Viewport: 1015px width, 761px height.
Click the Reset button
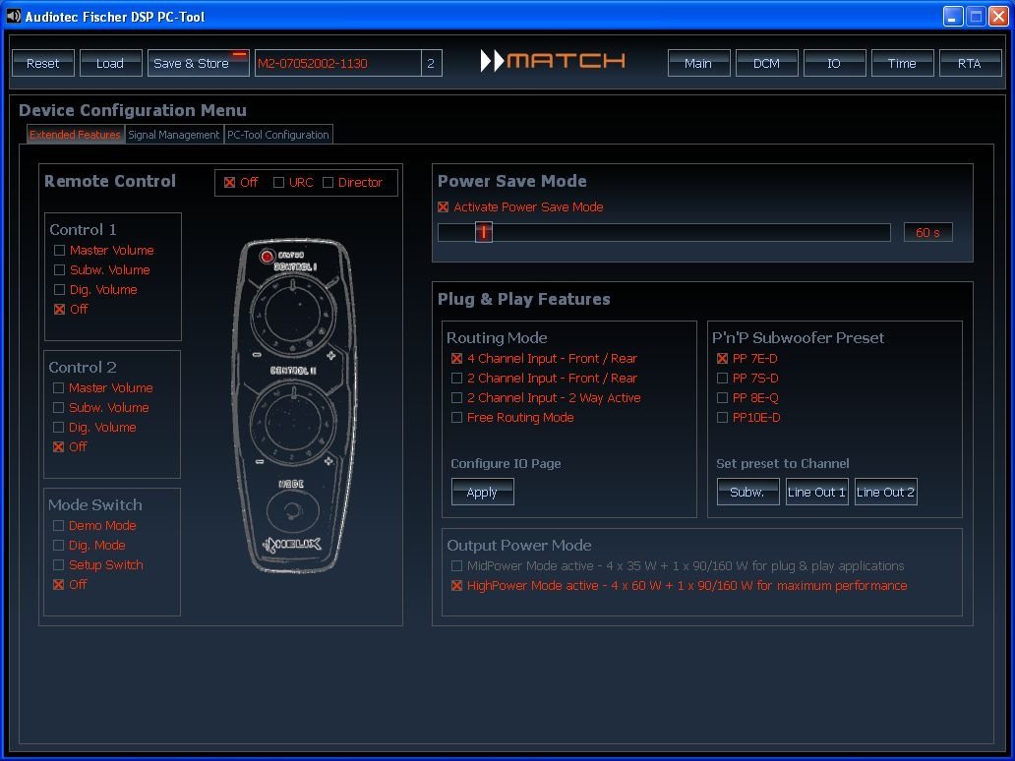point(42,63)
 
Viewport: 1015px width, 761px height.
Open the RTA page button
point(970,63)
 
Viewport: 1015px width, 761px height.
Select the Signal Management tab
point(173,135)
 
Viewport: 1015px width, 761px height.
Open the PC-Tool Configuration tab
point(278,135)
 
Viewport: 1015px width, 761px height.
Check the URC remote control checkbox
point(278,183)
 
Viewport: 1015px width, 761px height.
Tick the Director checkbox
point(328,183)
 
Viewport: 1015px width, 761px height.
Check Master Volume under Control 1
point(60,250)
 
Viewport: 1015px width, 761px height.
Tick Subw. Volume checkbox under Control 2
point(58,408)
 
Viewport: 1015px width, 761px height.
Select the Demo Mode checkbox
point(58,525)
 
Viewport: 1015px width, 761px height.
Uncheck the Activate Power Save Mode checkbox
point(444,207)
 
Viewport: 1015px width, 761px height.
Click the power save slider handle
point(484,232)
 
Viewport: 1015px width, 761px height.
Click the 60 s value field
point(927,232)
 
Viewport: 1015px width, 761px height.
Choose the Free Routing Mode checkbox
point(456,418)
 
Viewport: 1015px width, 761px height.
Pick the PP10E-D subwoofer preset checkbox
point(723,418)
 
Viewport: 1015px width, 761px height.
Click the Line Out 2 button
point(885,492)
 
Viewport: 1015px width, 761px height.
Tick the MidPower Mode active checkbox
point(456,566)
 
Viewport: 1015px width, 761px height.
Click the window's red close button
point(999,16)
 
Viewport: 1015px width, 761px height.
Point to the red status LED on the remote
point(267,257)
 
